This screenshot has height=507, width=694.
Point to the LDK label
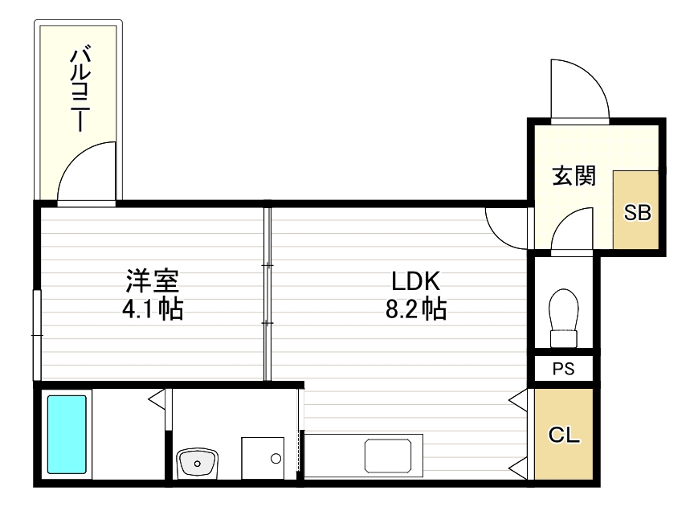[414, 281]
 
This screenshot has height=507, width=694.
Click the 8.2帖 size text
[414, 308]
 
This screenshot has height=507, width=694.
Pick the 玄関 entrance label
[573, 176]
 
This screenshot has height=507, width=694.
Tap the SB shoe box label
[638, 212]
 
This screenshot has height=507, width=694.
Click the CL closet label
[564, 435]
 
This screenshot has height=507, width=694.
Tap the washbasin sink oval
[196, 462]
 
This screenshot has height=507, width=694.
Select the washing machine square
[263, 459]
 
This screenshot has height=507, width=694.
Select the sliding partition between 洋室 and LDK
[267, 294]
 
